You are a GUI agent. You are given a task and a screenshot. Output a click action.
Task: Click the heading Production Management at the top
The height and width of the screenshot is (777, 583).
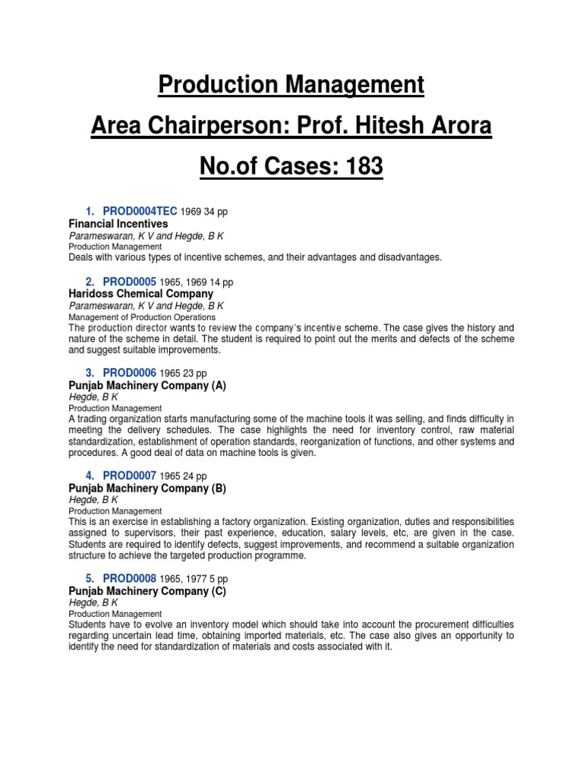pos(291,85)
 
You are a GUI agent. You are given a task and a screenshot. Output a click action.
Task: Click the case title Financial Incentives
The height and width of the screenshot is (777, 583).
pos(118,224)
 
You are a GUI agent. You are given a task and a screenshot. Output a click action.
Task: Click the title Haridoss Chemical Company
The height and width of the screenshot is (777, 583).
pos(140,294)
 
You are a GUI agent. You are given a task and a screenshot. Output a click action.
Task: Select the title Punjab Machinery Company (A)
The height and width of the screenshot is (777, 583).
pos(147,385)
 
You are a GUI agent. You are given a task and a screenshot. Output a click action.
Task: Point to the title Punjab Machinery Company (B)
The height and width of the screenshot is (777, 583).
pos(147,488)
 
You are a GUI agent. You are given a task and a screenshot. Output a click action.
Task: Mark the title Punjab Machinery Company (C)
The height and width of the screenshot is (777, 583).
pos(147,590)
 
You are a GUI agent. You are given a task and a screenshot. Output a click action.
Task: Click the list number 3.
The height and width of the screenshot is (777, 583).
pos(90,373)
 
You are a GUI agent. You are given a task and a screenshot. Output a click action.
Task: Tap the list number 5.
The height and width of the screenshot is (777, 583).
pos(90,577)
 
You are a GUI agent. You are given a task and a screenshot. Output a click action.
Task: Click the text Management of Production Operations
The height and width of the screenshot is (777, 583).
pos(142,316)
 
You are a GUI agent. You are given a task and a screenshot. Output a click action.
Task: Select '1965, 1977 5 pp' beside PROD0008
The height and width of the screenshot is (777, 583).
pos(194,578)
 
